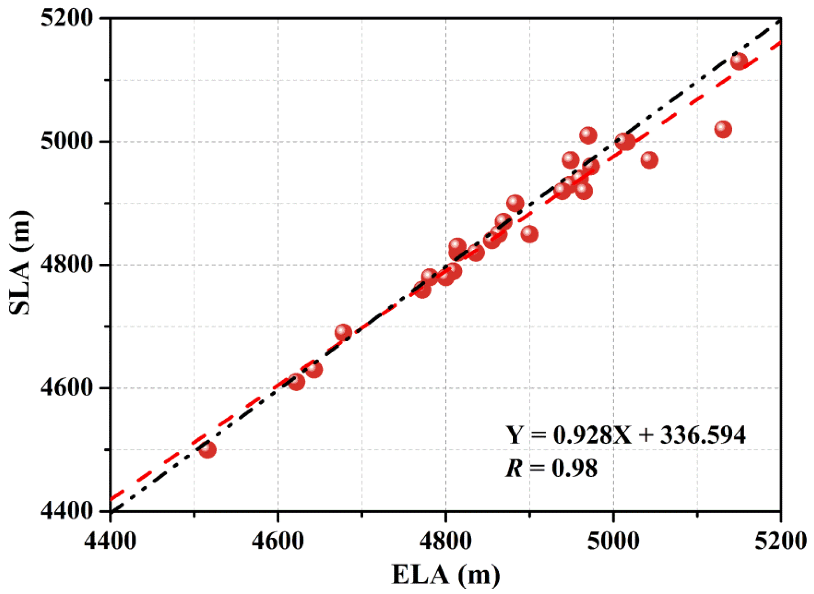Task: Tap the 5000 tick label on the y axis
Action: pos(67,141)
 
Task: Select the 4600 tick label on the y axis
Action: pos(67,388)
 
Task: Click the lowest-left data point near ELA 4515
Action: pos(207,450)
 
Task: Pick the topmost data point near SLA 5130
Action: pos(739,61)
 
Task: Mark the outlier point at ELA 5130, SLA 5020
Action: pos(723,129)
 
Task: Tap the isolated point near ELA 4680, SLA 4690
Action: pos(343,332)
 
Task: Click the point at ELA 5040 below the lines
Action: pos(649,160)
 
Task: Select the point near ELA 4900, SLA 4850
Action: pos(529,234)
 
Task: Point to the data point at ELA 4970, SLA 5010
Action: pos(588,135)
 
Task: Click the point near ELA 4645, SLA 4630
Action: pos(314,369)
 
